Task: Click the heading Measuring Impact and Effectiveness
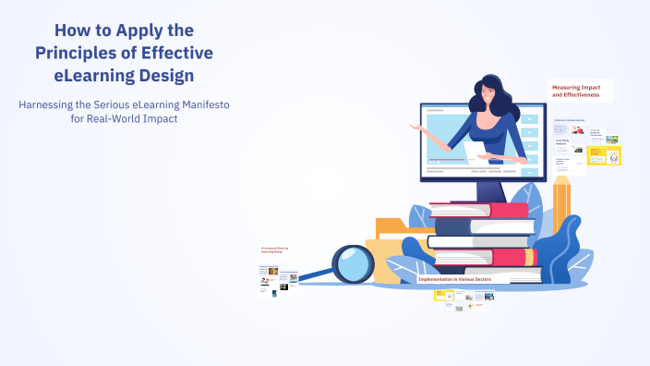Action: coord(581,91)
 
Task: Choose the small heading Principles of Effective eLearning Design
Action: coord(276,250)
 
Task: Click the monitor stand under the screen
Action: coord(487,189)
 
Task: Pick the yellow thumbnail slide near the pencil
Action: coord(605,154)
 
